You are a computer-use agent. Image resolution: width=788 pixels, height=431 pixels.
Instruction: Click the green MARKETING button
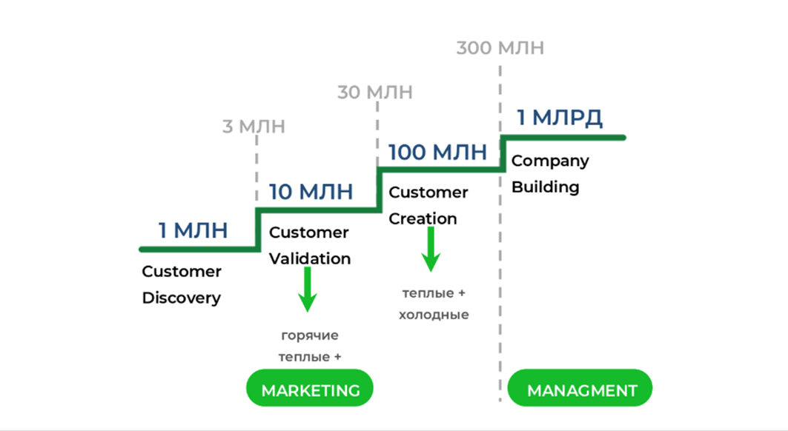310,389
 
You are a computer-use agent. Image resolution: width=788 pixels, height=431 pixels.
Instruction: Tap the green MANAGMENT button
581,390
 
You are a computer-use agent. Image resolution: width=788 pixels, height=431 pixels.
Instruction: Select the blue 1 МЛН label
193,230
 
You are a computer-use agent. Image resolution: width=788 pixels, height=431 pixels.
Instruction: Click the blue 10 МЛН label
311,192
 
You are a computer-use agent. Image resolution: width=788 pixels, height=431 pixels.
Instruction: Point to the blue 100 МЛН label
437,153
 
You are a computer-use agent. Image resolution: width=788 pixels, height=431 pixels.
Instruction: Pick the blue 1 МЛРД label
560,117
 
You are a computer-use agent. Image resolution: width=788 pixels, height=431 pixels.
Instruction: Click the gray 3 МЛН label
254,127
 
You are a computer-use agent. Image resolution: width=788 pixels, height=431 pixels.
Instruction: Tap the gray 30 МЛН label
375,93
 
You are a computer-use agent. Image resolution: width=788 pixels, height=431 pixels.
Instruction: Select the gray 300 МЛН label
500,48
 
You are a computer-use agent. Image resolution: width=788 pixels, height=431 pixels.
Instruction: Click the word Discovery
182,298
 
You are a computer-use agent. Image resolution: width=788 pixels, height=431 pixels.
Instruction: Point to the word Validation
310,259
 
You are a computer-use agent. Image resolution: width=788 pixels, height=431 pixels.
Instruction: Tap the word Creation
423,219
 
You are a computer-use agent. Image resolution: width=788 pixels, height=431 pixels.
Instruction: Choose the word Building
546,187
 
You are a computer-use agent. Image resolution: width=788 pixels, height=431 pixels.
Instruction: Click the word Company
550,161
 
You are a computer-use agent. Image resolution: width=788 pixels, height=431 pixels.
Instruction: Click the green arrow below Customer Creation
430,250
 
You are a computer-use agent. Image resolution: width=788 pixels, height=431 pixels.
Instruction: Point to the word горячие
311,335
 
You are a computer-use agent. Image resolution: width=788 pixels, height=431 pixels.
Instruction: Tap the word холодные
434,315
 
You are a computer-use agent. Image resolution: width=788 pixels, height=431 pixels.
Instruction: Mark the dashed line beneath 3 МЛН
256,170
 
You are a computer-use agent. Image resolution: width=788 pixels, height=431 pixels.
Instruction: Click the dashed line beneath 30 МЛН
378,133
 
